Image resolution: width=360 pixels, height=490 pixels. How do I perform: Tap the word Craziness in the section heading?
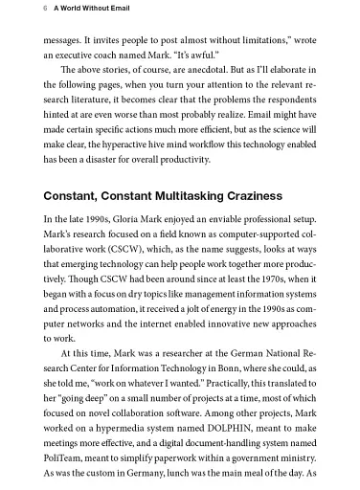245,196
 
